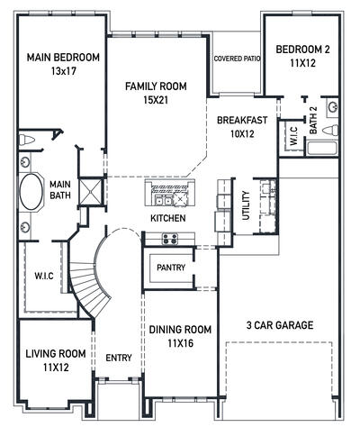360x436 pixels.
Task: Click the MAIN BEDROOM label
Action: pos(63,58)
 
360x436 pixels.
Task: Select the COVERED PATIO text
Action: pos(237,59)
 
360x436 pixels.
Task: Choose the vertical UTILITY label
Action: pos(246,205)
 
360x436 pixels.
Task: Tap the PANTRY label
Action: pos(171,268)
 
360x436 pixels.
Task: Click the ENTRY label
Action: pos(119,358)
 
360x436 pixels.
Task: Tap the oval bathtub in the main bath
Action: pos(30,193)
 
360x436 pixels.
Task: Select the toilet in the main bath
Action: pos(27,141)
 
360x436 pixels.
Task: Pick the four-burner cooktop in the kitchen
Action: pos(168,239)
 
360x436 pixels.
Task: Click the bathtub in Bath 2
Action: pos(322,149)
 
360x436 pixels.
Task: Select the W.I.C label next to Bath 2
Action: pos(292,136)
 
